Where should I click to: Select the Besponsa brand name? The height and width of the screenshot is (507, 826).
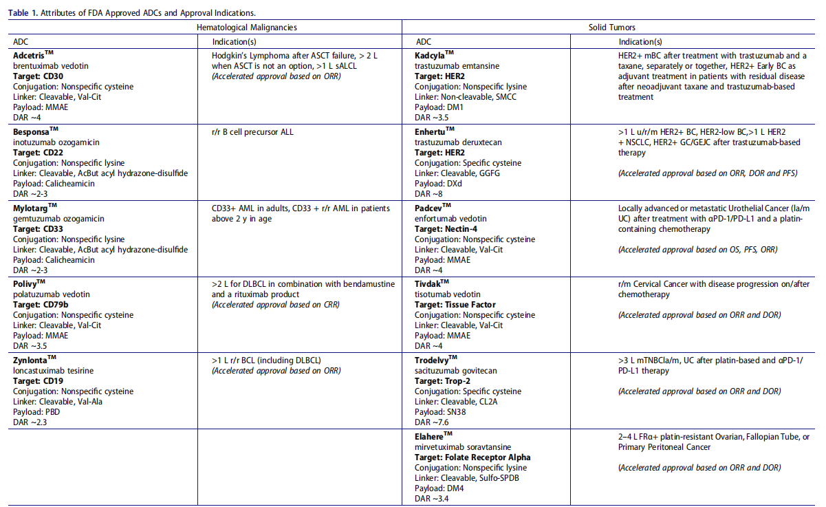(32, 131)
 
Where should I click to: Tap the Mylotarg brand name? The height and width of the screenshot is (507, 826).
(31, 208)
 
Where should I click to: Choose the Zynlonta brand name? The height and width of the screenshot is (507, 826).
(31, 360)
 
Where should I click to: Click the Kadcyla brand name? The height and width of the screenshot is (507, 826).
(431, 55)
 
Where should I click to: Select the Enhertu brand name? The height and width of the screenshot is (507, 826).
(431, 131)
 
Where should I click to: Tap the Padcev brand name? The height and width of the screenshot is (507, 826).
(430, 208)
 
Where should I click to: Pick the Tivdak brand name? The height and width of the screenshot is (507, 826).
(428, 284)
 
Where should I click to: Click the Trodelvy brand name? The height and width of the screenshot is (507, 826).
(433, 360)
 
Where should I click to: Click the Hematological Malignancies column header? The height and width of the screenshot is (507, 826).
(247, 28)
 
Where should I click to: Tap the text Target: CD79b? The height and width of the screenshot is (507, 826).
(40, 305)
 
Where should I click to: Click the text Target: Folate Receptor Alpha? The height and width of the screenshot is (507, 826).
(472, 457)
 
